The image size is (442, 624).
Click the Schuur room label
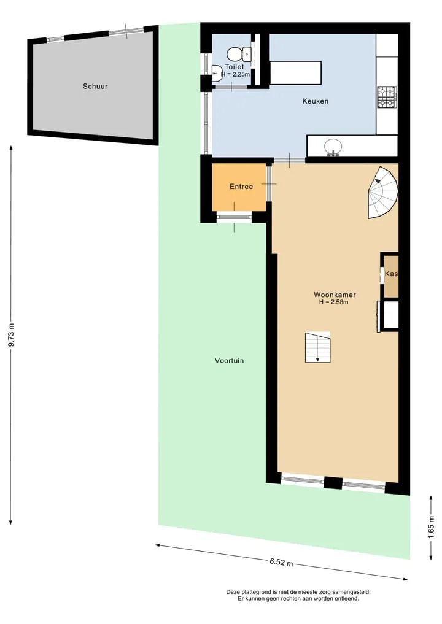[95, 86]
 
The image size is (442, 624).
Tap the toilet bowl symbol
[238, 53]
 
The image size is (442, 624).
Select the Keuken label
[316, 101]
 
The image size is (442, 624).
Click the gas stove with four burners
[387, 97]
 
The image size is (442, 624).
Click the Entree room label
[241, 187]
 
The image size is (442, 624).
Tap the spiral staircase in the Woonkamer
[383, 193]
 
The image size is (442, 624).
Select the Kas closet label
[391, 274]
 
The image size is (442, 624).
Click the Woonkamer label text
[335, 295]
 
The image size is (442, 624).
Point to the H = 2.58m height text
[334, 302]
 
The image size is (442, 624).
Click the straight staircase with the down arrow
[318, 347]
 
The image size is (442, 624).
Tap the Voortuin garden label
[230, 361]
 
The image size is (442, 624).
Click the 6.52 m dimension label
[281, 562]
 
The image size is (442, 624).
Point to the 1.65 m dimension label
[431, 527]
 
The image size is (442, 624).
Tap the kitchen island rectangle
[295, 73]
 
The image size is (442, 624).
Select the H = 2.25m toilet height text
[236, 74]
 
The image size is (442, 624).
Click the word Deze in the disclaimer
[233, 592]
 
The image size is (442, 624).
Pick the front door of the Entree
[234, 217]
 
